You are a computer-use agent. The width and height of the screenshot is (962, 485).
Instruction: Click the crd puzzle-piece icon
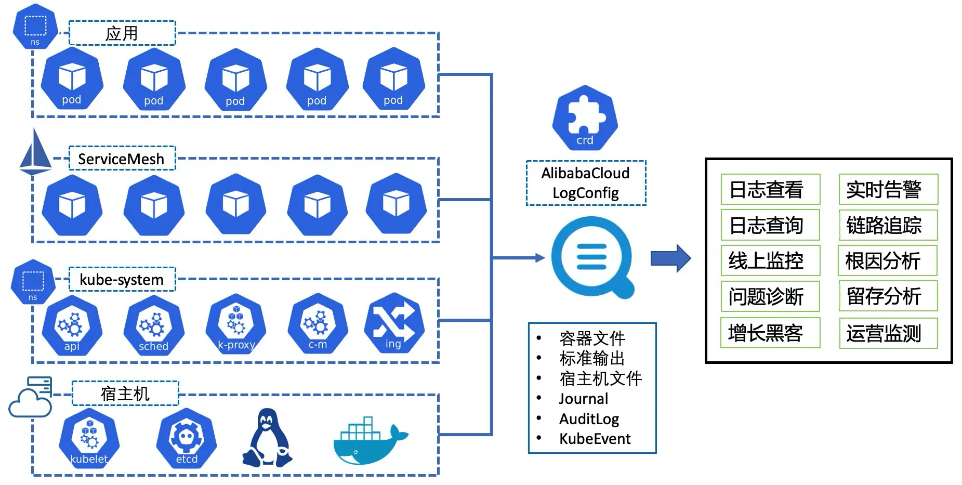point(585,118)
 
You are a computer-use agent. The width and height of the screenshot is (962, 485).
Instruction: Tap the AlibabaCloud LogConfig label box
point(586,183)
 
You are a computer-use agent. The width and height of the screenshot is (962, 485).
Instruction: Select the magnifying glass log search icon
point(592,257)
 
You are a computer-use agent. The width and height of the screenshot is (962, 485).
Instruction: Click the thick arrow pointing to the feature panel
point(670,258)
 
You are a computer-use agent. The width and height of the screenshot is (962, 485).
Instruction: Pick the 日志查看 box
point(770,189)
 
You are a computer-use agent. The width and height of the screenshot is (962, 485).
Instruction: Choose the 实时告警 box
point(888,189)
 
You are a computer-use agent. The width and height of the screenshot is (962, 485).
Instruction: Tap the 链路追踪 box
point(888,225)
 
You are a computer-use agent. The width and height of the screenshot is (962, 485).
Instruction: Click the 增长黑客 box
point(770,333)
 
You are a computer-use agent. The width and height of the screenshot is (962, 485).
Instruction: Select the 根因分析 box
point(888,260)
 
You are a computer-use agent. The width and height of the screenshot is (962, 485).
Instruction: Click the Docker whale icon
point(371,440)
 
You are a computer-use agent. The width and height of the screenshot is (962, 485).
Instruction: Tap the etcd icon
point(187,438)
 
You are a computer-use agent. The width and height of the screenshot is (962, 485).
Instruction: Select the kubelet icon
point(89,438)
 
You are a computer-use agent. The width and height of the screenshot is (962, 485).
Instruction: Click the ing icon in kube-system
point(394,323)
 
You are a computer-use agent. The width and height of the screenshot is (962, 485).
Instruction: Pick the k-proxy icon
point(236,324)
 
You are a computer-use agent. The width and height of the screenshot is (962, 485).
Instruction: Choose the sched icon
point(154,325)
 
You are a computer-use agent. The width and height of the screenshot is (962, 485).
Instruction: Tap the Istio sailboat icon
point(35,151)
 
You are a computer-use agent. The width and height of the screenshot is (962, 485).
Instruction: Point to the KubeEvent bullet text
point(595,439)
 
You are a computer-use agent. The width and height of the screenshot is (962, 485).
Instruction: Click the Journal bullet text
point(583,399)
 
